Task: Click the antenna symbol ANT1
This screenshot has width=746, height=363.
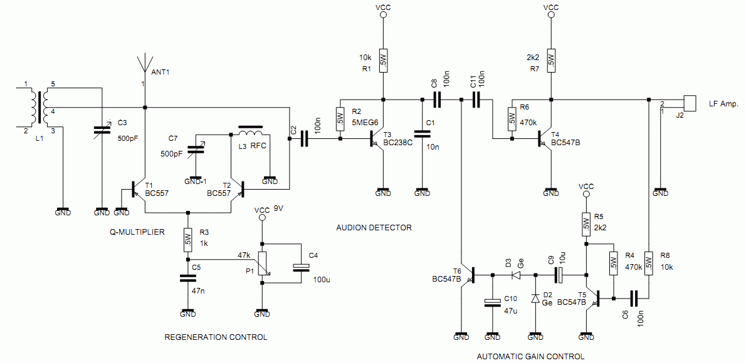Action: point(145,64)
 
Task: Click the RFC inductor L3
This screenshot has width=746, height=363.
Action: point(251,133)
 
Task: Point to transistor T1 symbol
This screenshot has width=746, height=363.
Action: point(137,189)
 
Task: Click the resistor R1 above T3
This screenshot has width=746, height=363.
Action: point(384,61)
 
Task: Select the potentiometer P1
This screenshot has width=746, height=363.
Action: point(263,263)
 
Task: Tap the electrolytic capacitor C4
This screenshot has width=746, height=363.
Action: point(302,266)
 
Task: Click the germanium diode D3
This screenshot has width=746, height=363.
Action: point(517,274)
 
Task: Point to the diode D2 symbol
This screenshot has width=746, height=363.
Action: point(535,299)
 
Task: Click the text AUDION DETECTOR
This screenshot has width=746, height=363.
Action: point(374,228)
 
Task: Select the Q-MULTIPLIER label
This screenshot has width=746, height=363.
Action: point(137,232)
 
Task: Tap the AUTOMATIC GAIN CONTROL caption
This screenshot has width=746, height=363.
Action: point(530,356)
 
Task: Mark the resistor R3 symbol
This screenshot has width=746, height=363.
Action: point(187,238)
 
